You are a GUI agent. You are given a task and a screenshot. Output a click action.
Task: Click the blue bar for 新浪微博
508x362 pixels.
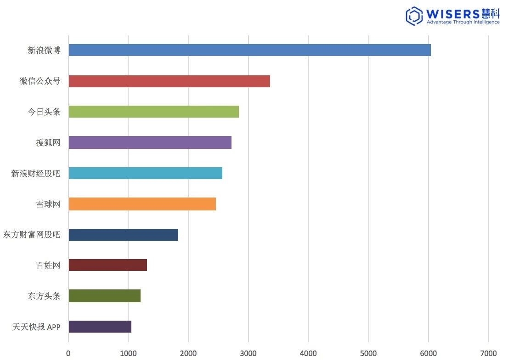[249, 50]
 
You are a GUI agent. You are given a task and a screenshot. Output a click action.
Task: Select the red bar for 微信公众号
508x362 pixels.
[169, 81]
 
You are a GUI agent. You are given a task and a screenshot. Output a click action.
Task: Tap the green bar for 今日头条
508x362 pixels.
[153, 112]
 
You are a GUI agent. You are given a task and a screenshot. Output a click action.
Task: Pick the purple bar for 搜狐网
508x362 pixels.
[150, 142]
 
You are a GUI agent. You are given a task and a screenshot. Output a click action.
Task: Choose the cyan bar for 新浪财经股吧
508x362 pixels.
[145, 173]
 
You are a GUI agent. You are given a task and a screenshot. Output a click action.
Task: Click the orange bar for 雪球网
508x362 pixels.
[142, 204]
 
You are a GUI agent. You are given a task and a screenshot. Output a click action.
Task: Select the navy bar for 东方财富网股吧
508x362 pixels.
[123, 235]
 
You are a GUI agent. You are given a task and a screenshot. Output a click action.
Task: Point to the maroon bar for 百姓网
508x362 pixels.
[107, 265]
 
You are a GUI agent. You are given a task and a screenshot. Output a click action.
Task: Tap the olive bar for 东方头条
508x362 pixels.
[104, 296]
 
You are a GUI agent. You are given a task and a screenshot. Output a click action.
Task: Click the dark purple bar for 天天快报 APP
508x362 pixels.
[100, 327]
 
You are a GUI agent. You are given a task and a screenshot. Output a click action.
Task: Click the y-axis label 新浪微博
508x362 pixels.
[44, 50]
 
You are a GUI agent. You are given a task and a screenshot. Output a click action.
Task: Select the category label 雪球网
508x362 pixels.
[48, 204]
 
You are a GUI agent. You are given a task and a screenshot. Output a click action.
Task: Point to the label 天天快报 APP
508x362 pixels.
[36, 327]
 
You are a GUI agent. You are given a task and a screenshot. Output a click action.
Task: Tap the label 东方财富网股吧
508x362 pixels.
[32, 235]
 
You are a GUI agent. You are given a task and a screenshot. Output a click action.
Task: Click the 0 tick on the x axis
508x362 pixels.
[68, 353]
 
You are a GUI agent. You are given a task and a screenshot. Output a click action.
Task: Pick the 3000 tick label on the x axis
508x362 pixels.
[248, 353]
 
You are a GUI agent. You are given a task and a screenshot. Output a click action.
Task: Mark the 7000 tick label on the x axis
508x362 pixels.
[488, 353]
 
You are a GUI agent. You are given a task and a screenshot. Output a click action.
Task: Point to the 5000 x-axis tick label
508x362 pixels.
[368, 353]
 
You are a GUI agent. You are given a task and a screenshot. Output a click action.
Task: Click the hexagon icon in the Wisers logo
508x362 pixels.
[414, 16]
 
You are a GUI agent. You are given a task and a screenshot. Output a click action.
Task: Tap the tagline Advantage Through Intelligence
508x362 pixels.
[463, 22]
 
